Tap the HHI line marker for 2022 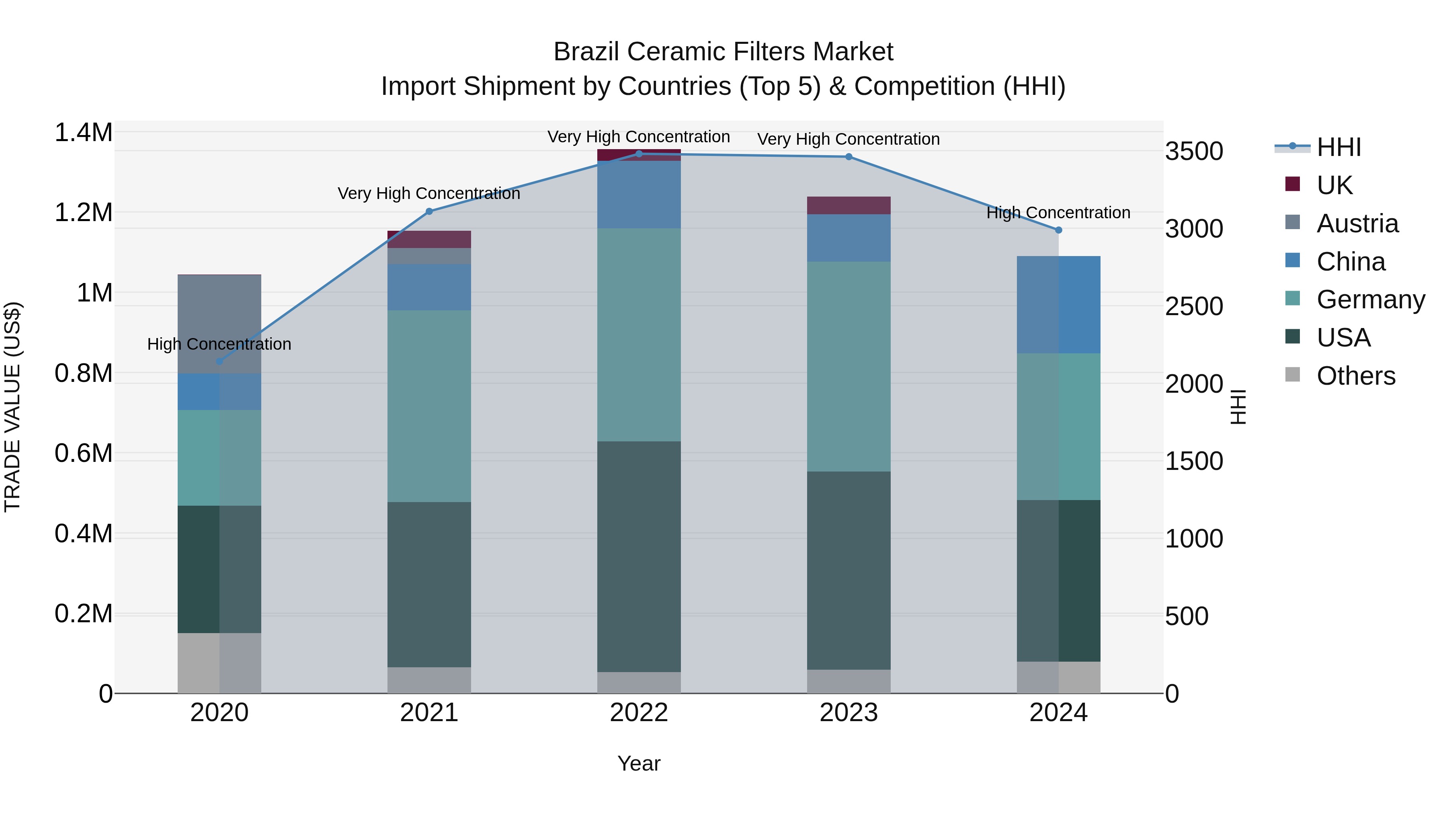(x=639, y=154)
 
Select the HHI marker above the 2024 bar (x=1058, y=230)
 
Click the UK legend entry (x=1334, y=185)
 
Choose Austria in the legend (x=1357, y=223)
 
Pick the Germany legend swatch (x=1293, y=299)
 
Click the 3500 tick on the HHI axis (x=1194, y=151)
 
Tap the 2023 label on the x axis (x=848, y=712)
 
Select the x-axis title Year (x=639, y=763)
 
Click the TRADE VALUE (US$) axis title (x=12, y=407)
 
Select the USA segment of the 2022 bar (x=639, y=556)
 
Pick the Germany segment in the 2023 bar (x=848, y=366)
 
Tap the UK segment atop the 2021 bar (x=429, y=239)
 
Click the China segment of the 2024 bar (x=1058, y=304)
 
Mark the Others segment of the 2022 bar (x=639, y=682)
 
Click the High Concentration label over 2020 (x=219, y=344)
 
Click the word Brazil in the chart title (x=586, y=52)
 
